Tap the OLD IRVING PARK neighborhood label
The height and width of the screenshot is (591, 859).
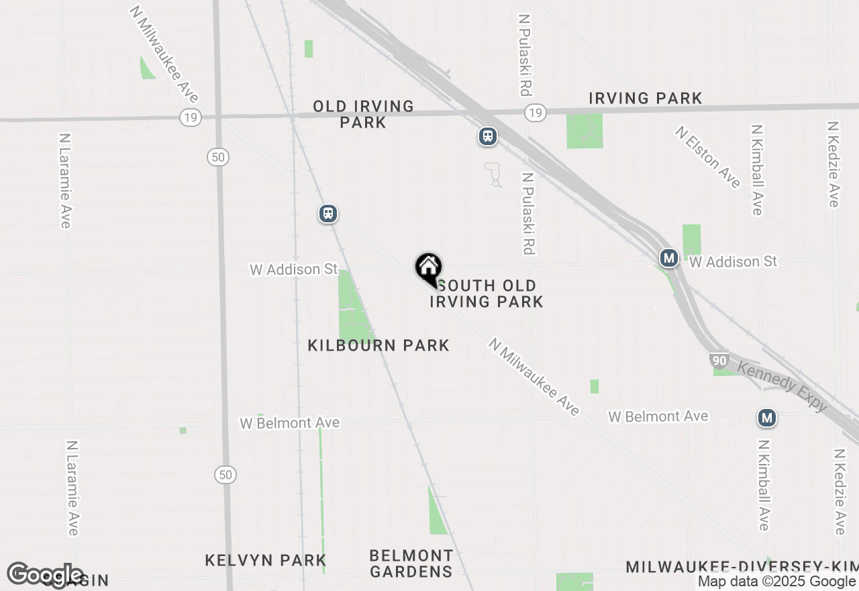(x=363, y=114)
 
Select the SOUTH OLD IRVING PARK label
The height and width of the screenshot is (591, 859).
(x=487, y=294)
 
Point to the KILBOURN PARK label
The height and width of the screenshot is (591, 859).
(x=378, y=345)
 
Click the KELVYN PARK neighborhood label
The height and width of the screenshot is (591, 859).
(x=266, y=560)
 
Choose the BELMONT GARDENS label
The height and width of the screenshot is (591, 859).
(x=411, y=563)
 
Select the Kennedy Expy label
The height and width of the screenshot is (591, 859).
(x=782, y=386)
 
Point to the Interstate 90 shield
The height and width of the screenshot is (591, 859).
(x=719, y=361)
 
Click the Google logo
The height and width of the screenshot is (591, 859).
(x=46, y=575)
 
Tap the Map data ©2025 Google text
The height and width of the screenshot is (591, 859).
(x=776, y=582)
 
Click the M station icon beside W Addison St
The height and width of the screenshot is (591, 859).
(x=668, y=258)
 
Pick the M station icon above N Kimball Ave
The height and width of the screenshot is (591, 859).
(x=767, y=418)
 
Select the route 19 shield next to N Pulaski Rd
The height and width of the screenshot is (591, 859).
(x=535, y=113)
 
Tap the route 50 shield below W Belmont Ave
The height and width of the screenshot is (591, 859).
(x=225, y=475)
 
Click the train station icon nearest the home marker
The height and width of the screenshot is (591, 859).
(x=327, y=214)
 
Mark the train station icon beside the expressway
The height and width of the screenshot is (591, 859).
(x=488, y=136)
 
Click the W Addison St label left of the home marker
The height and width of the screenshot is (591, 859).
(x=293, y=269)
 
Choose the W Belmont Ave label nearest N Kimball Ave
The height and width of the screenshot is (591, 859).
(x=658, y=416)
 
